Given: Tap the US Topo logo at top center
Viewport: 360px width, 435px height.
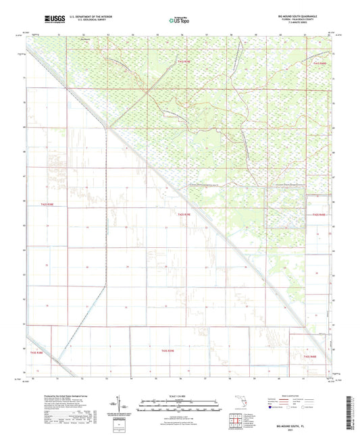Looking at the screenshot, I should coord(179,21).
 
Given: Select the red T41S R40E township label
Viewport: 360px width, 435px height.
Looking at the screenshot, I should coord(319,62).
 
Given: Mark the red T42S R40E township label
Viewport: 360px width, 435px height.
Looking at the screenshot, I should coord(319,215).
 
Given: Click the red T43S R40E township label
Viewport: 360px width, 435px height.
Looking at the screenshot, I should coord(310,357).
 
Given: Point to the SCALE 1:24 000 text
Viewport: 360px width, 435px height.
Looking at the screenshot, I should coord(180,395).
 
